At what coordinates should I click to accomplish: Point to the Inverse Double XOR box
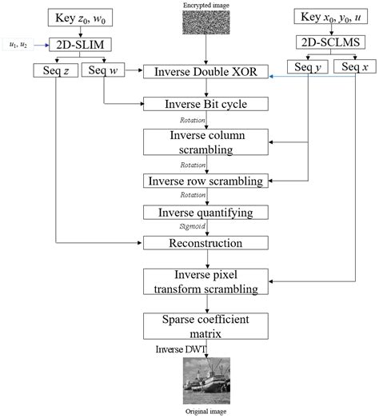[x=205, y=73]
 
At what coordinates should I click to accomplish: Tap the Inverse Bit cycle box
[x=205, y=103]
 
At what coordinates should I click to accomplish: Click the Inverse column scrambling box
[x=205, y=141]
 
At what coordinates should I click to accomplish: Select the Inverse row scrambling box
[x=205, y=180]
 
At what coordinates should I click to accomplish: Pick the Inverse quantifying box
[x=205, y=212]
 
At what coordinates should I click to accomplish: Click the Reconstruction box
[x=205, y=241]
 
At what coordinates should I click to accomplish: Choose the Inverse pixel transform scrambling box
[x=205, y=281]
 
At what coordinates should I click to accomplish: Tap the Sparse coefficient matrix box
[x=205, y=326]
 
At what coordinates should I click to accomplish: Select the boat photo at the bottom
[x=206, y=380]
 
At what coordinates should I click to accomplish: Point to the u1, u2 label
[x=16, y=45]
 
